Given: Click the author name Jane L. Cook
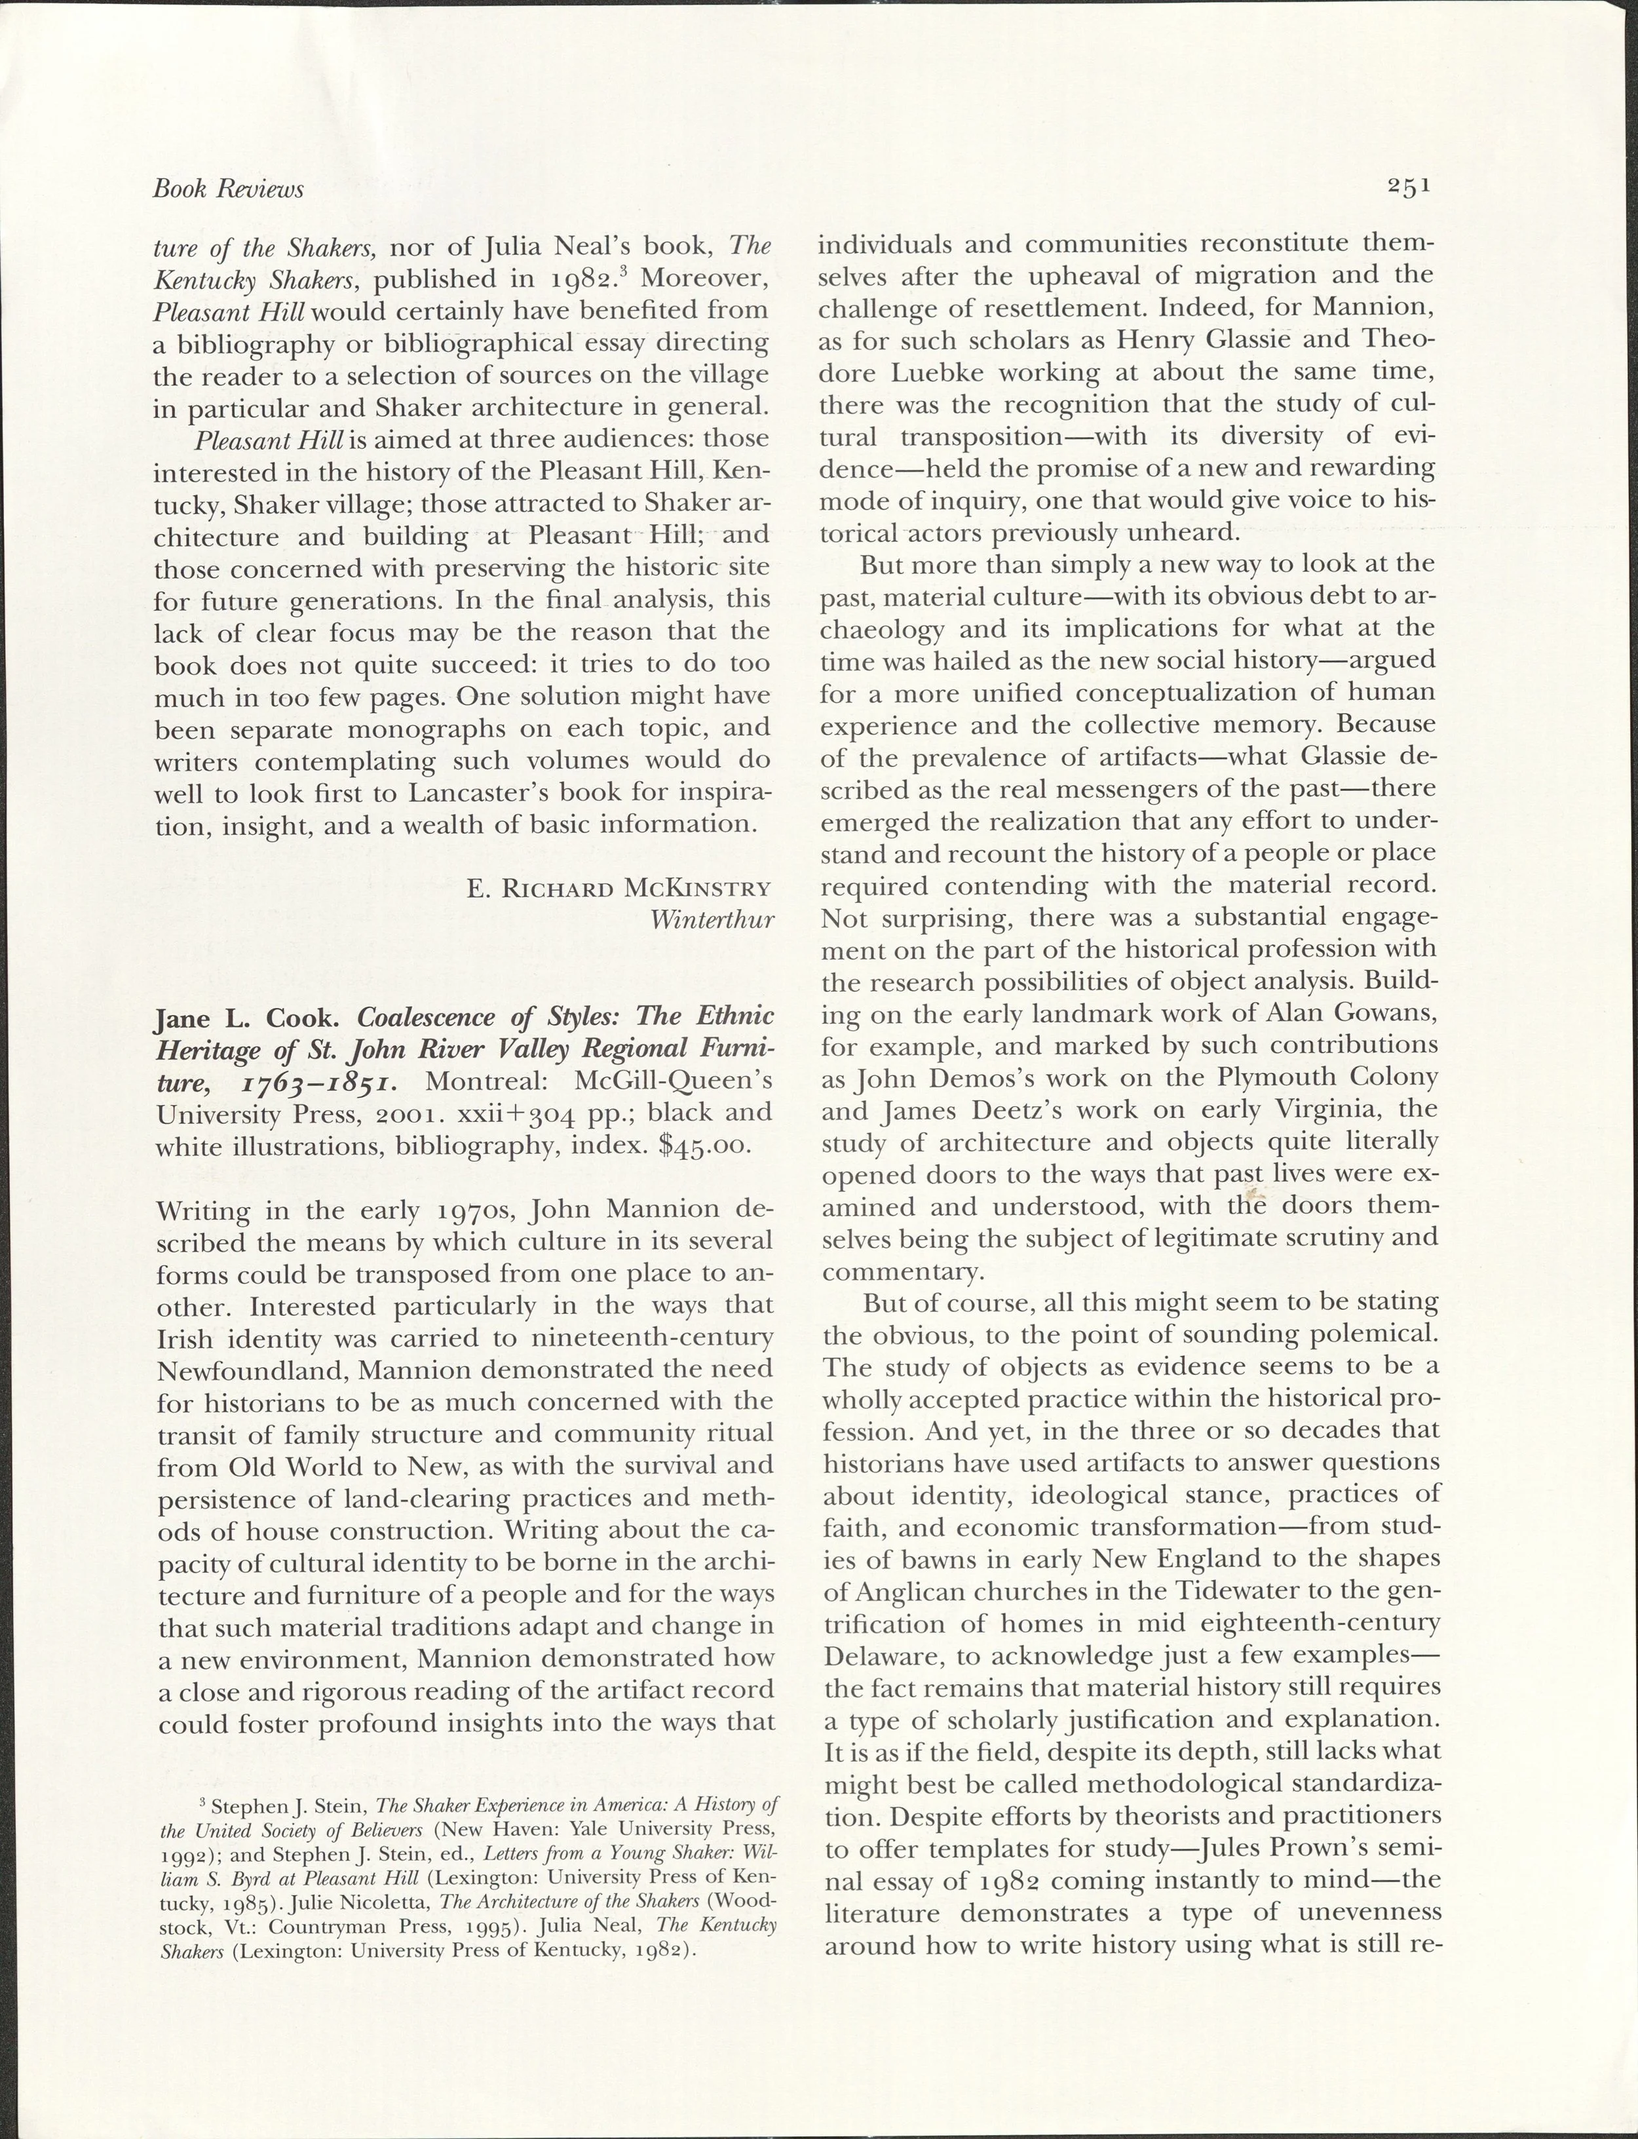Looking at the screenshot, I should [246, 1019].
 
